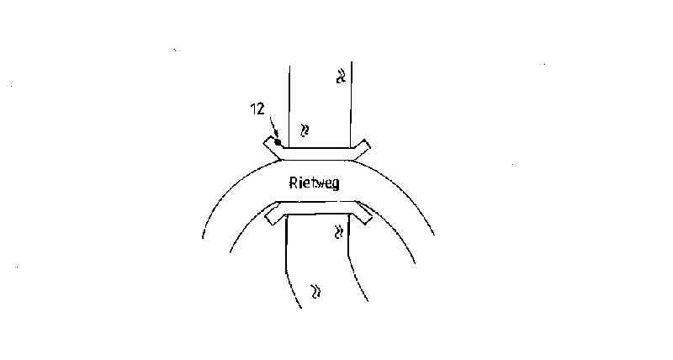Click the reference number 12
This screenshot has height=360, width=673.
(258, 109)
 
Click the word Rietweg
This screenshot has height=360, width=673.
(313, 183)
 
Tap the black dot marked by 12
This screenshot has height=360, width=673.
(278, 142)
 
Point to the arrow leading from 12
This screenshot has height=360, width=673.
(271, 130)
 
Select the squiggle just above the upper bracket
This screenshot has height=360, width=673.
(305, 130)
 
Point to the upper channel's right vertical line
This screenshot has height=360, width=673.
(350, 101)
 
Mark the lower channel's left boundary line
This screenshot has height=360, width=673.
(289, 261)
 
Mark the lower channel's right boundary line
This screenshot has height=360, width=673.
(352, 261)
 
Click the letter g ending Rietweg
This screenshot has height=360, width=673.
(336, 184)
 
